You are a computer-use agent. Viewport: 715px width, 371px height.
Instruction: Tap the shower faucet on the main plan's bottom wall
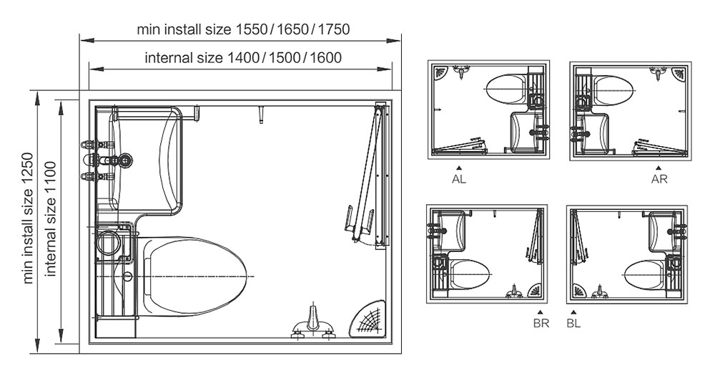(312, 323)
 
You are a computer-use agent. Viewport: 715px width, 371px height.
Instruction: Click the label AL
(459, 180)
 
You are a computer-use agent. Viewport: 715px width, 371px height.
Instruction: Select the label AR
(659, 180)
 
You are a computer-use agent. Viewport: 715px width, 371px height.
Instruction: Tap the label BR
(541, 322)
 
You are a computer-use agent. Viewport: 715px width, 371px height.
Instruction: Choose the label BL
(574, 322)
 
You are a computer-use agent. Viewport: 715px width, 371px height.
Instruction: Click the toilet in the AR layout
(613, 88)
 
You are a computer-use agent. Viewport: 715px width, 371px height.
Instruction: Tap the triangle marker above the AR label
(659, 168)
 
